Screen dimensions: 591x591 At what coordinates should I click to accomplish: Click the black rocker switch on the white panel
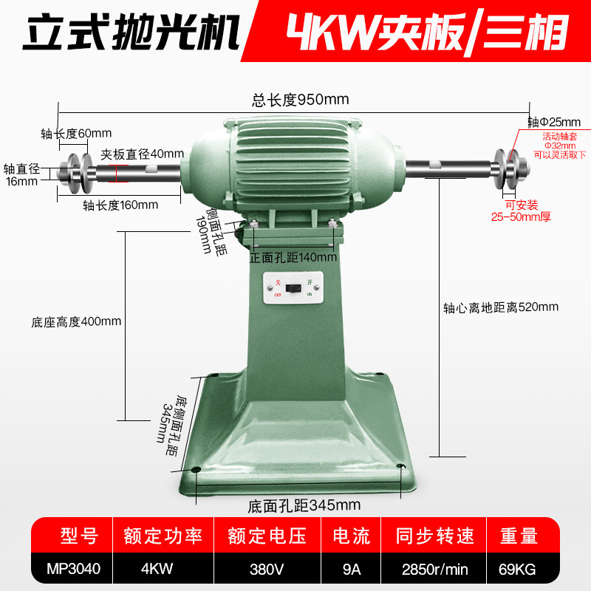tap(293, 289)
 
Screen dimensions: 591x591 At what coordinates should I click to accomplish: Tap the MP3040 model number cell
tap(73, 569)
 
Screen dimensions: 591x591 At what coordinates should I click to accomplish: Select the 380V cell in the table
tap(267, 569)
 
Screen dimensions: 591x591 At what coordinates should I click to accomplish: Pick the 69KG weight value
tap(517, 569)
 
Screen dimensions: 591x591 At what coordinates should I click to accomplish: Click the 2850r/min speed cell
tap(434, 569)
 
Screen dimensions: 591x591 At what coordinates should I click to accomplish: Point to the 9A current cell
tap(352, 569)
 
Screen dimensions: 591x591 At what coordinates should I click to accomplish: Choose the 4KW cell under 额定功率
tap(157, 569)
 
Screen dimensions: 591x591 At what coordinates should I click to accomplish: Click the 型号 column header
tap(79, 536)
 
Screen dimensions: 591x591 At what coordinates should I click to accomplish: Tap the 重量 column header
tap(519, 536)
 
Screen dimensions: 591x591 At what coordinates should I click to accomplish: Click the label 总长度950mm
tap(301, 100)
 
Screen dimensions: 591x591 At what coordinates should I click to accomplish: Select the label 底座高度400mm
tap(76, 322)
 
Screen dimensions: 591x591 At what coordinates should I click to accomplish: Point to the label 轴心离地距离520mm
tap(501, 307)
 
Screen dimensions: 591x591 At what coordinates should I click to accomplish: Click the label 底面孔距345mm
tap(304, 505)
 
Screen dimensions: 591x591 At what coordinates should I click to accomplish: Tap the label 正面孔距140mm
tap(293, 257)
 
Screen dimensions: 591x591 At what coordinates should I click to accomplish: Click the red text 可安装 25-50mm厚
tap(521, 211)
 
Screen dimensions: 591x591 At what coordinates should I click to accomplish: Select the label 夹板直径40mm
tap(142, 154)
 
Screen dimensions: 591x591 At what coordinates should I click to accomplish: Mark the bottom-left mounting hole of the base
tap(196, 470)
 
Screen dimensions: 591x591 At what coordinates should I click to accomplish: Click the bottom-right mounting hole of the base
tap(400, 467)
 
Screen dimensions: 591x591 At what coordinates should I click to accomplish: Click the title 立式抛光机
tap(131, 32)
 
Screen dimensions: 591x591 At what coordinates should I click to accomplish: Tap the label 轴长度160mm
tap(120, 205)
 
